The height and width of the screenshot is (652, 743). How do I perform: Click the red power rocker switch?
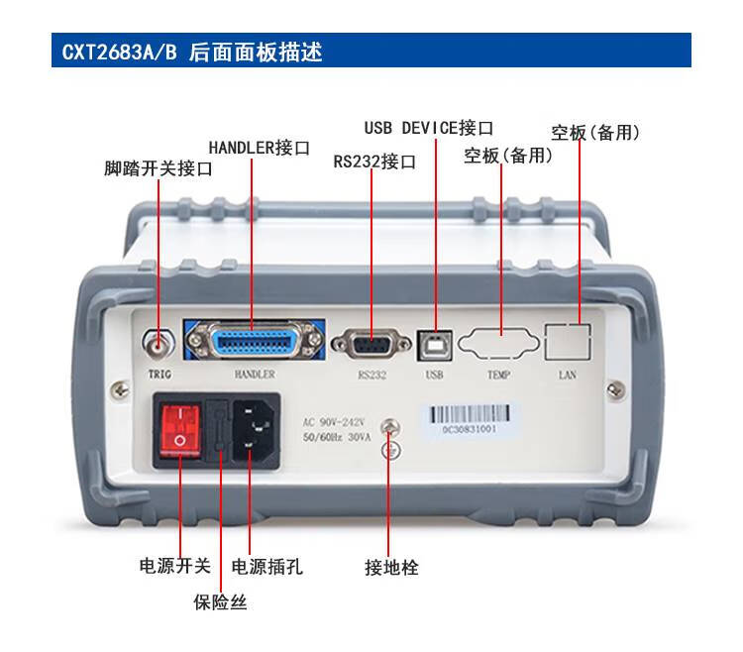coord(180,430)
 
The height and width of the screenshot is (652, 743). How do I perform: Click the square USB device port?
coord(435,346)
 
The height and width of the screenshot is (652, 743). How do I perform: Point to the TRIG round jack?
coord(159,344)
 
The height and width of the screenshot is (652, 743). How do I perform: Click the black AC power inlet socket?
coord(254,430)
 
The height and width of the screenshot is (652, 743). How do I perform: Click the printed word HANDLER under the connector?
coord(255,375)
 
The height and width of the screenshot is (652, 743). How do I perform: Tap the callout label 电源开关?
coord(174,565)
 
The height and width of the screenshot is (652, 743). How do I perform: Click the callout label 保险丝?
coord(220,602)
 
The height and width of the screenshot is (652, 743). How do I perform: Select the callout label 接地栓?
coord(391,567)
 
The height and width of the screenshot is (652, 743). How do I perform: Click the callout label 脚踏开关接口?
coord(159,168)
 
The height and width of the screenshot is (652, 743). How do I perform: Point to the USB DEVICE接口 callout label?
coord(429,128)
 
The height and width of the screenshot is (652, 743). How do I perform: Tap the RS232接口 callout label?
coord(374,162)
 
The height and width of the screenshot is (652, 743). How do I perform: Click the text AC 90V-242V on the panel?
coord(334,422)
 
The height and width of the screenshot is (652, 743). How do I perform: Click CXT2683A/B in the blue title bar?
coord(120,52)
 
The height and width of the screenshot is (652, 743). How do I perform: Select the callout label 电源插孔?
coord(266,566)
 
